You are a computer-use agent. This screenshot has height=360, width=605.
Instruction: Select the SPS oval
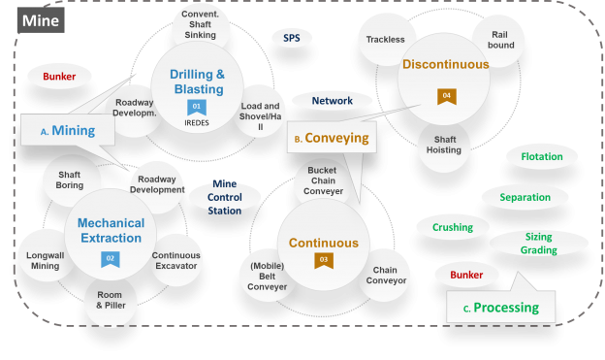coord(292,39)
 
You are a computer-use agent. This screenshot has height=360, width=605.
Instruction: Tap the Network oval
coord(332,100)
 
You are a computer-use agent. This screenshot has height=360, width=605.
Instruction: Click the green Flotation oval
coord(541,156)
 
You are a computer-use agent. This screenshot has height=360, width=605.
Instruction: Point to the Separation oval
coord(525,198)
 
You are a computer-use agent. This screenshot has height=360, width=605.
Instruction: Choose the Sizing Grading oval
coord(539,244)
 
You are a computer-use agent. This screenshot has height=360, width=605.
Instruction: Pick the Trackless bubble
coord(385,40)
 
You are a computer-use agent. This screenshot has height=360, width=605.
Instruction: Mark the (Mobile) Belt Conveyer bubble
coord(269,274)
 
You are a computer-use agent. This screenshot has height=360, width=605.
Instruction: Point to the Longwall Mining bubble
coord(45,259)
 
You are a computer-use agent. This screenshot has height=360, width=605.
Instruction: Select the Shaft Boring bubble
coord(70,180)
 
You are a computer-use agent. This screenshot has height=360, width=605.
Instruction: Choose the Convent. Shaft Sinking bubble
coord(201,28)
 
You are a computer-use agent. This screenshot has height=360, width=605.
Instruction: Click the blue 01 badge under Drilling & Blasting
coord(197,108)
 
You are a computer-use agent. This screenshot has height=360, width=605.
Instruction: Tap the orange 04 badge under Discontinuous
coord(446,95)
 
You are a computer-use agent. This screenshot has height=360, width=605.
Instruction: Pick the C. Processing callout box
coord(501,308)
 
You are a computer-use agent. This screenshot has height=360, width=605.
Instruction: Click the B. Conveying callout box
coord(331,138)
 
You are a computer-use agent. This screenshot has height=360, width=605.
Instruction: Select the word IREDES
coord(197,123)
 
